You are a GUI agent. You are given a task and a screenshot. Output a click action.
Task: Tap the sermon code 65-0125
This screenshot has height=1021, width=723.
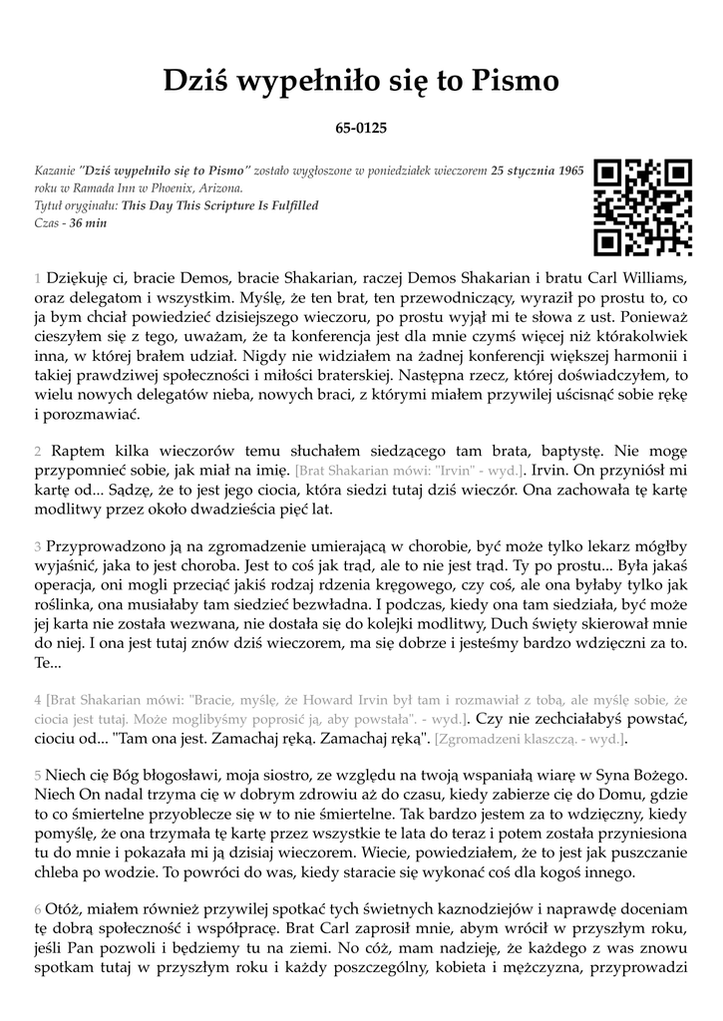click(361, 128)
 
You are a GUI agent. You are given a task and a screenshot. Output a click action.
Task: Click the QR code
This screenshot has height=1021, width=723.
click(642, 207)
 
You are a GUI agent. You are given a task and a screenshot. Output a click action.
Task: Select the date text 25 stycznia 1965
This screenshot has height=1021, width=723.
click(538, 170)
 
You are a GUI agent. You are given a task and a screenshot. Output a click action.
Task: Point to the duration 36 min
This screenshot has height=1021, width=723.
click(88, 222)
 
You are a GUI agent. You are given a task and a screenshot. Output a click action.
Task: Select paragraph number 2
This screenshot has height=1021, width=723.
click(37, 452)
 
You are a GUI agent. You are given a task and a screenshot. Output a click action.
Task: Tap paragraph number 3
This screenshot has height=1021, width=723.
click(37, 546)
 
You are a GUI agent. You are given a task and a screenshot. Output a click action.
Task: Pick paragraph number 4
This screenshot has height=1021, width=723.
click(37, 700)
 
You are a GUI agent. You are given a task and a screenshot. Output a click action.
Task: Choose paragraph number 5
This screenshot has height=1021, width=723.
click(37, 775)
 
